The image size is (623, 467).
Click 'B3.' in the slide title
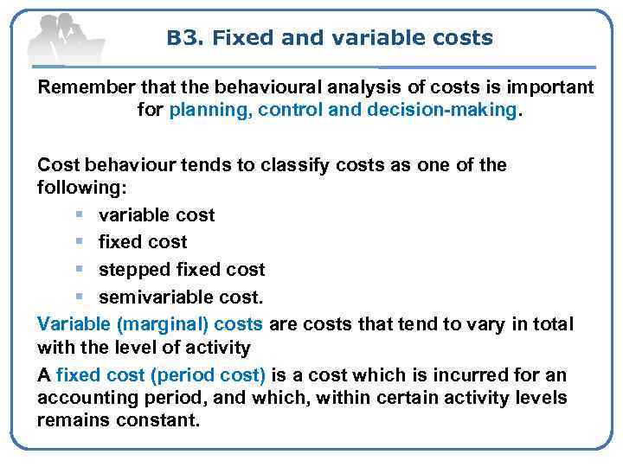pos(184,38)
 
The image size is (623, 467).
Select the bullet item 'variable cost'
pos(157,214)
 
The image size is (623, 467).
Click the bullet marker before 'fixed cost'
pos(79,242)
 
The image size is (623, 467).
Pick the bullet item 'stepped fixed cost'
pos(182,270)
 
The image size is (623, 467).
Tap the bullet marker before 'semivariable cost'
pos(79,297)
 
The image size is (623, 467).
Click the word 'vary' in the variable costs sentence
pos(472,324)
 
